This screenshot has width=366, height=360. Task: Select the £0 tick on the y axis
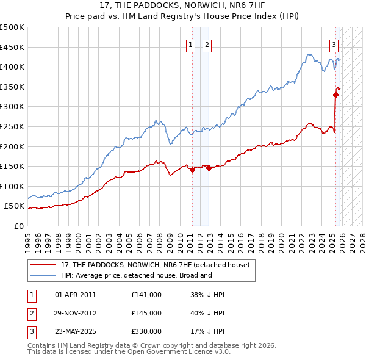tap(19, 226)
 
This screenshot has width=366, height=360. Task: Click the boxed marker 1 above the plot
tap(191, 45)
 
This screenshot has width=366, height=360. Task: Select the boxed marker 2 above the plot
tap(207, 45)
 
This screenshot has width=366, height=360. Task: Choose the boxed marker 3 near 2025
tap(334, 45)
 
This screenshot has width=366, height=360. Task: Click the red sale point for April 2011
tap(192, 170)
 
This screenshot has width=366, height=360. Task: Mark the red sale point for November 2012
tap(209, 168)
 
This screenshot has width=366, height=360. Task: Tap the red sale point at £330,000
tap(335, 95)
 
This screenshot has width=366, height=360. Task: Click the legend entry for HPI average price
tap(136, 275)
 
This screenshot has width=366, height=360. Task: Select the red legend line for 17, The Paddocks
tap(43, 265)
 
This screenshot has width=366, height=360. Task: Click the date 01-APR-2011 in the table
tap(75, 294)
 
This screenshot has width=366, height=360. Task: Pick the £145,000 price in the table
tap(146, 312)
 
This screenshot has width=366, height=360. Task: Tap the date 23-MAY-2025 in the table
tap(75, 331)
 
